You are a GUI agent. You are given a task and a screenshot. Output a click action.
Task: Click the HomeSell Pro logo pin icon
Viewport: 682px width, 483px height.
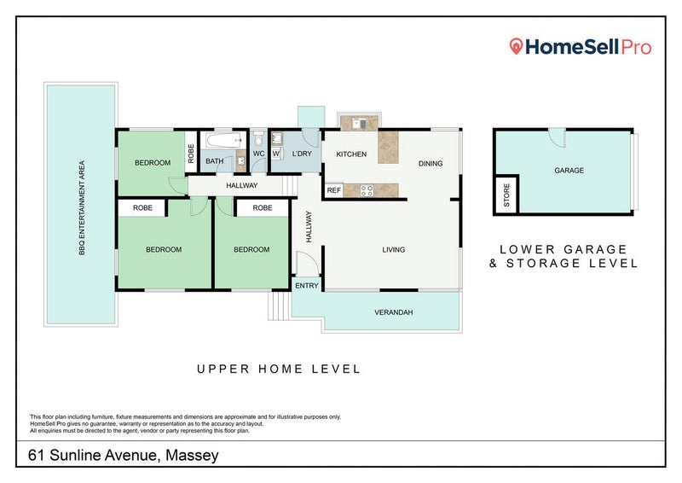click(x=515, y=47)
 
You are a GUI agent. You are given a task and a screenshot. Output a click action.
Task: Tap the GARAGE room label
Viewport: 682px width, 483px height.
click(x=569, y=171)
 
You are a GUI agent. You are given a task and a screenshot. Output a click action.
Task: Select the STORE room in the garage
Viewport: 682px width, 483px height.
click(x=506, y=197)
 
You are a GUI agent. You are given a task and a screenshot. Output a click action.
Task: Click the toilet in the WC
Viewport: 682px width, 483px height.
click(x=257, y=140)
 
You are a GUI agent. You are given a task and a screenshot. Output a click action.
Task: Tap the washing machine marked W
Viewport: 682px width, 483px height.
click(x=276, y=154)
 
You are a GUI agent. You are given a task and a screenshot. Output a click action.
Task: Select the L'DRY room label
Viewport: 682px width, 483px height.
click(x=300, y=154)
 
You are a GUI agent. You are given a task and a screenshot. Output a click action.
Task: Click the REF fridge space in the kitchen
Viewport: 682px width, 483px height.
click(x=334, y=190)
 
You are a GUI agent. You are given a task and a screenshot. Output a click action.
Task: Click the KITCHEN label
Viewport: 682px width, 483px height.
click(x=350, y=154)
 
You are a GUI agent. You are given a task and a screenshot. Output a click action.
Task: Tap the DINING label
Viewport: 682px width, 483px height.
click(x=431, y=163)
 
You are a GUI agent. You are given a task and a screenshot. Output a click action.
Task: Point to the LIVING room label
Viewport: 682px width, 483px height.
click(x=393, y=250)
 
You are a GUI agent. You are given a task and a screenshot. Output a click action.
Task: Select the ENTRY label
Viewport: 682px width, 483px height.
click(x=305, y=285)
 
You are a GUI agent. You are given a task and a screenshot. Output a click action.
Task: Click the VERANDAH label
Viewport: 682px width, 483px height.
click(x=394, y=313)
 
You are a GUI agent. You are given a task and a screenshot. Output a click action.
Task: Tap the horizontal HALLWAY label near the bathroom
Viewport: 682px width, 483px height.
click(x=241, y=185)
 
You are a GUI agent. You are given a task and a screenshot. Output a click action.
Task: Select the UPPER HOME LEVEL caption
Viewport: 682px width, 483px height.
click(x=279, y=370)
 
